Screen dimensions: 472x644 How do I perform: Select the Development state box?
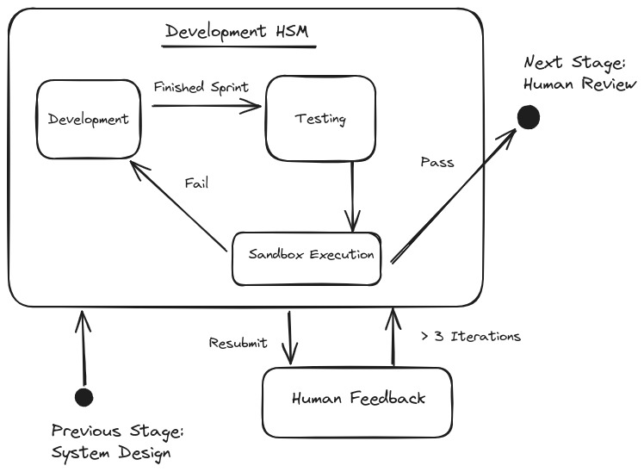88,119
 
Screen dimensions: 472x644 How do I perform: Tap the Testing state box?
320,118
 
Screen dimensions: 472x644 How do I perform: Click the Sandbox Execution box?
307,255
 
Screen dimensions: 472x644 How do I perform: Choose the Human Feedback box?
357,400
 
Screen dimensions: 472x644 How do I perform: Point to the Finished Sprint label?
201,87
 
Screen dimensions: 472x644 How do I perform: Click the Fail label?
196,183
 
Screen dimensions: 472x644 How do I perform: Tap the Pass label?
437,162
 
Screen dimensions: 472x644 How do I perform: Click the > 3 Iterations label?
469,336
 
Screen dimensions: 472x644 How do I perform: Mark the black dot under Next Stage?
528,116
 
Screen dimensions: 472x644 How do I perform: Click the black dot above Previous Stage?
84,396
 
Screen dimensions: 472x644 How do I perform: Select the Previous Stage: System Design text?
118,441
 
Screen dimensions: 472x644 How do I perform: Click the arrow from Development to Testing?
207,107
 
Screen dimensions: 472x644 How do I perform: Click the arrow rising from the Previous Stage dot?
84,349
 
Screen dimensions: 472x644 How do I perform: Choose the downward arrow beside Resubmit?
291,336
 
